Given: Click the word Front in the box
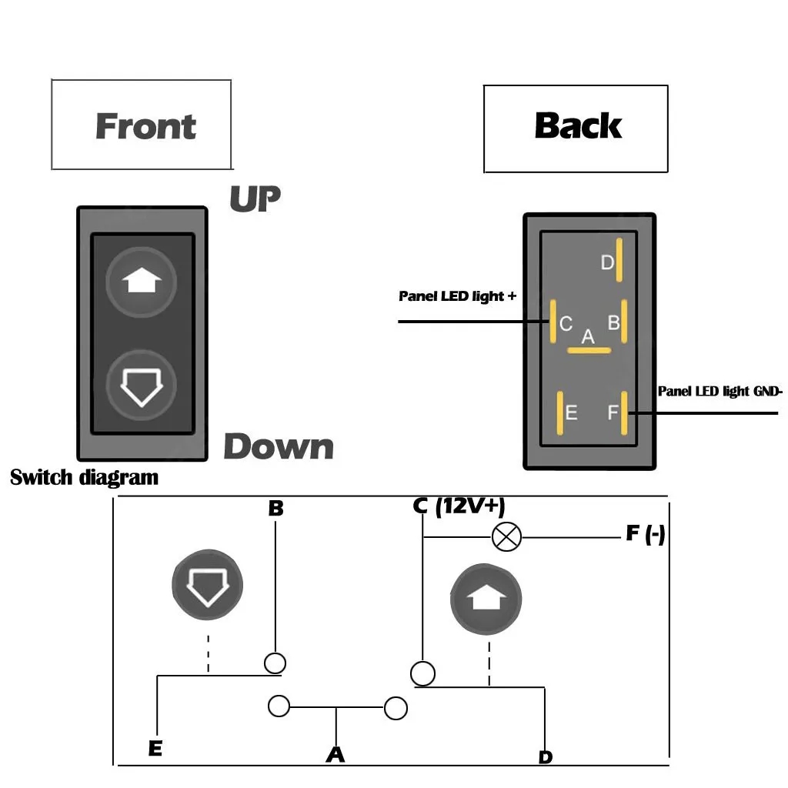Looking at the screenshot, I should tap(145, 126).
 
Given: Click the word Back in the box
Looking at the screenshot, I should tap(577, 126).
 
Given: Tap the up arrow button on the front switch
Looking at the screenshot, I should tap(141, 282).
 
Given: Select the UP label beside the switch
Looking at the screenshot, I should tap(255, 199).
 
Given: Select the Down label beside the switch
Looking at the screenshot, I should tap(279, 447).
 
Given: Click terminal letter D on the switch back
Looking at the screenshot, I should tap(607, 263).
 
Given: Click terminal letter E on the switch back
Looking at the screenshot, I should tap(571, 413).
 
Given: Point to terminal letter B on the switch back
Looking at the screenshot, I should tap(613, 323).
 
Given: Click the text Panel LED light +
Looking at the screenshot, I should tap(457, 296).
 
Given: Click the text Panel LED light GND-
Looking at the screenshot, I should tap(720, 392).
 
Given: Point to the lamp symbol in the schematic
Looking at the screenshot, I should tap(506, 536).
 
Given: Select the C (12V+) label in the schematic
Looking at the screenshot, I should tap(458, 506).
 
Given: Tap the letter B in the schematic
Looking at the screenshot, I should tap(275, 509).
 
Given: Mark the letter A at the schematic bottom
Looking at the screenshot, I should tap(335, 755).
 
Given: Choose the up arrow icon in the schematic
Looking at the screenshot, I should tap(486, 599).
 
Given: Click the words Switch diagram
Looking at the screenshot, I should tap(84, 477).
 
